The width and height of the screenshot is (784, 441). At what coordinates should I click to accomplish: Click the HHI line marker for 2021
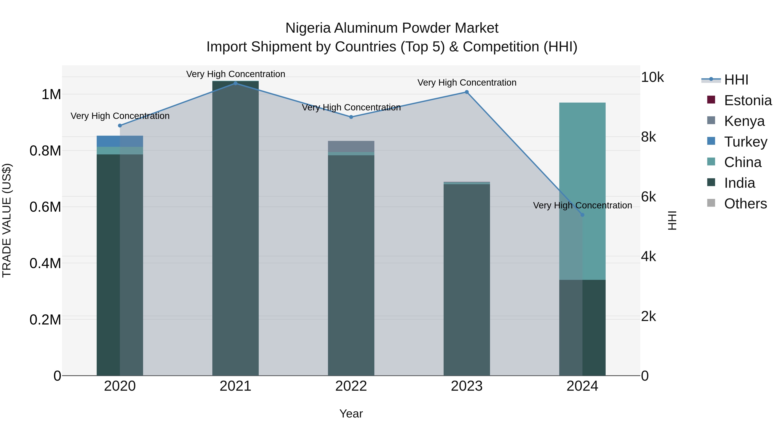pos(235,83)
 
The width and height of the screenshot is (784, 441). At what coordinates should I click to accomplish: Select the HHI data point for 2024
pos(582,215)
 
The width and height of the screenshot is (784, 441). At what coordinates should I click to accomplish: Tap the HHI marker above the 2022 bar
pos(351,117)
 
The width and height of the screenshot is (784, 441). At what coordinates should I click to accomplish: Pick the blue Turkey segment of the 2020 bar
pos(120,141)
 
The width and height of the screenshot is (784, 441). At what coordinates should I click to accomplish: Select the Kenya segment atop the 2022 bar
pos(351,146)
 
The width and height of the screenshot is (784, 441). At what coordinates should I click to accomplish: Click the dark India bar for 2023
pos(466,280)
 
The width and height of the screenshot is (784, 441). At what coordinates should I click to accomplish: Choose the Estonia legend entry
pos(747,100)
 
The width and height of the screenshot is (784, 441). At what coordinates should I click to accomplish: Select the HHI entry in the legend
pos(736,80)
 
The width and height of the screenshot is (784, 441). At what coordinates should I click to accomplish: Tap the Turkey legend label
pos(746,142)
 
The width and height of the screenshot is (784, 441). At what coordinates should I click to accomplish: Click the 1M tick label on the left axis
pos(51,95)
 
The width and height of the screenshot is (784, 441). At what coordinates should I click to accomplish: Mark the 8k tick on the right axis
pos(649,137)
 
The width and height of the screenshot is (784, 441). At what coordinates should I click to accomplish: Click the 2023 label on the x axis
pos(466,386)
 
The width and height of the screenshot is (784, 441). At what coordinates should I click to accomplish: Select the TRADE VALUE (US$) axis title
pos(7,220)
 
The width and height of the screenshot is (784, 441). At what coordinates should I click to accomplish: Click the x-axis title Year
pos(351,414)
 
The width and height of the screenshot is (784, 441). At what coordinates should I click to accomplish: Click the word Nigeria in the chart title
pos(308,28)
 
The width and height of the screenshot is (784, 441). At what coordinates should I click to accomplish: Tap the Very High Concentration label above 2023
pos(466,83)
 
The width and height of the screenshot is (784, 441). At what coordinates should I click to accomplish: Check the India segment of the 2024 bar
pos(582,328)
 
